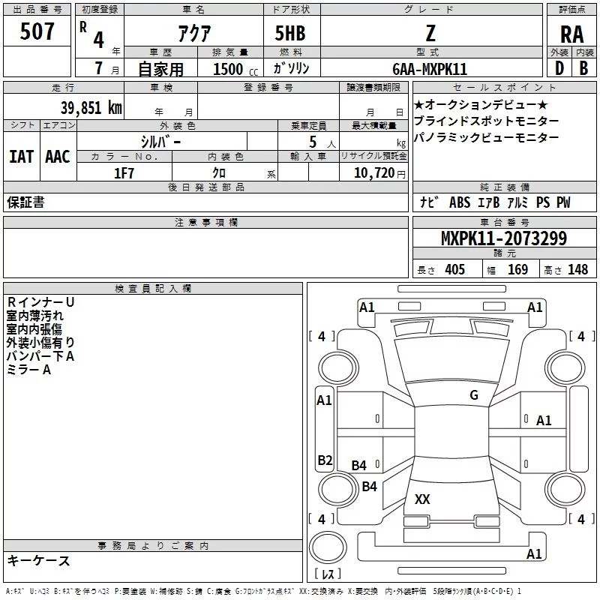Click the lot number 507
pos(37,32)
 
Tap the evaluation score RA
pos(571,34)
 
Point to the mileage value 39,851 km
pos(91,107)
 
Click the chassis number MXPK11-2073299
pos(503,239)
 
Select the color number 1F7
pos(124,172)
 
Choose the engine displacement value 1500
pos(228,69)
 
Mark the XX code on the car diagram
pos(422,499)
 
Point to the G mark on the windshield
pos(474,395)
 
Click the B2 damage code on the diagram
pos(324,460)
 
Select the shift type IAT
pos(21,156)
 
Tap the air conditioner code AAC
pos(58,156)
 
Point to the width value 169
pos(517,270)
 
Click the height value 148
pos(577,270)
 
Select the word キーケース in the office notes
pos(38,561)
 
